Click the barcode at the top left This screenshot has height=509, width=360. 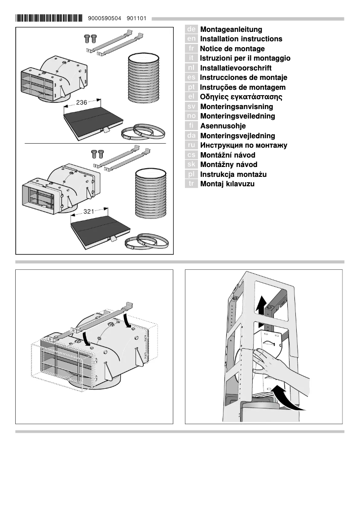48,18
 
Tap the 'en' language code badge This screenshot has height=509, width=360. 191,39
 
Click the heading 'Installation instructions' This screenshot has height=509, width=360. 241,39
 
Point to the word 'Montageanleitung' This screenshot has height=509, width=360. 231,29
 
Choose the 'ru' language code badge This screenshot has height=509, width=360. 191,145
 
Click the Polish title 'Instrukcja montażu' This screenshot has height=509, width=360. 233,174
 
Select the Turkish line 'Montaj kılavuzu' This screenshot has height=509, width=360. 227,184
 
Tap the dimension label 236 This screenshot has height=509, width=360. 82,103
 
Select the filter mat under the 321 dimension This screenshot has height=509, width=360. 101,227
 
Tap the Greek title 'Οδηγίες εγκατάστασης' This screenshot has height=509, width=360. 241,97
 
